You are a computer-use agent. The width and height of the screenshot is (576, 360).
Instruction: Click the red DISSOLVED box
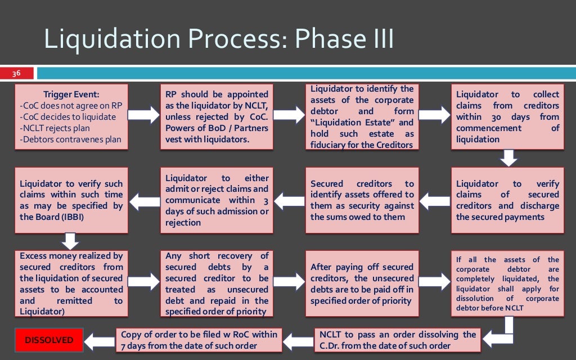coord(48,340)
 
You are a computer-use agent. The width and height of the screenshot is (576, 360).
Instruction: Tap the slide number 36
coord(17,73)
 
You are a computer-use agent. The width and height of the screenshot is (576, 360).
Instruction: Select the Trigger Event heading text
coord(71,94)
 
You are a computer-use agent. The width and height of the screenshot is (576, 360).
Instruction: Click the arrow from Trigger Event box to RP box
coord(145,116)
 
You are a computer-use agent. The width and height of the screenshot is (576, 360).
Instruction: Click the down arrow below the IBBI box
coord(70,241)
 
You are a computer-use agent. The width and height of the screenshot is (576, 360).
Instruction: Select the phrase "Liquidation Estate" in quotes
coord(357,123)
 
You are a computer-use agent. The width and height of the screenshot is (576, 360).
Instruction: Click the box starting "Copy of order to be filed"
coord(199,340)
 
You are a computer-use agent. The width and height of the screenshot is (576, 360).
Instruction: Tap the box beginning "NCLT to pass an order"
coord(397,340)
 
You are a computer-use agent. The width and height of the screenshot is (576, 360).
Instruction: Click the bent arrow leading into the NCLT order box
coord(501,334)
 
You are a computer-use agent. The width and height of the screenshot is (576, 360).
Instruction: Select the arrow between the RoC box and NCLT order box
coord(296,340)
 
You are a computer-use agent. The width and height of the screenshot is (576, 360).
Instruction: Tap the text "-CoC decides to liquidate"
coord(67,117)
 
